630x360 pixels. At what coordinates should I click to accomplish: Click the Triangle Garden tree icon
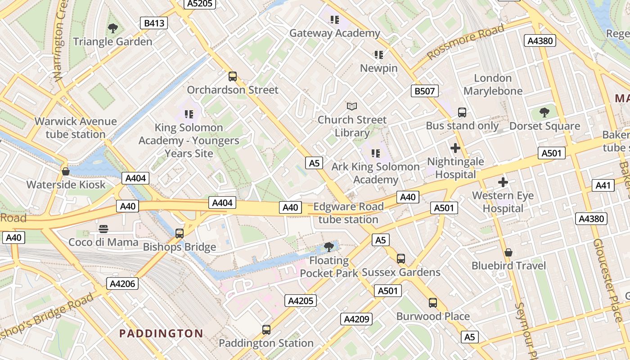point(113,28)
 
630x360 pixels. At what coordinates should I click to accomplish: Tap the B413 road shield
point(154,23)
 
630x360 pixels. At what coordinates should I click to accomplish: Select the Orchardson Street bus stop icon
point(233,76)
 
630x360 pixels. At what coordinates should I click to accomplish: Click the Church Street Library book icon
point(352,107)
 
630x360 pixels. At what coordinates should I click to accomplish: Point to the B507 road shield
point(424,91)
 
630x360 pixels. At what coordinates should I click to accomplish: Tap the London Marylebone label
point(493,85)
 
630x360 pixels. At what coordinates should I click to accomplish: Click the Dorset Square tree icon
point(544,112)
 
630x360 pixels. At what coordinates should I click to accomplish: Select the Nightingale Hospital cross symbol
point(455,148)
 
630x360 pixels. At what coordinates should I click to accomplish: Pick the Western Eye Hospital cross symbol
point(503,182)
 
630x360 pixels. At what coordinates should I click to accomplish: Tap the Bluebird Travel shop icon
point(508,252)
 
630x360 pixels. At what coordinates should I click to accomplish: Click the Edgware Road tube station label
point(348,213)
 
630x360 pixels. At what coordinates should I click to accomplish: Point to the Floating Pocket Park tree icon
point(329,247)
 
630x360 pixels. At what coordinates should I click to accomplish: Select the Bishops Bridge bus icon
point(180,234)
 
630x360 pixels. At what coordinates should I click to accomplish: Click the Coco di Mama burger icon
point(103,229)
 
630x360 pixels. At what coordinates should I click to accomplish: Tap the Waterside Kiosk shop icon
point(66,171)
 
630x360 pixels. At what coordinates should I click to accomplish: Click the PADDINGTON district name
point(161,333)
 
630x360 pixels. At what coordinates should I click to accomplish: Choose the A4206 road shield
point(122,283)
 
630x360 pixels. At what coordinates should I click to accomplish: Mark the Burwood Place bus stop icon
point(433,303)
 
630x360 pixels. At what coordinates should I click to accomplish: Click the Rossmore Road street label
point(466,42)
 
